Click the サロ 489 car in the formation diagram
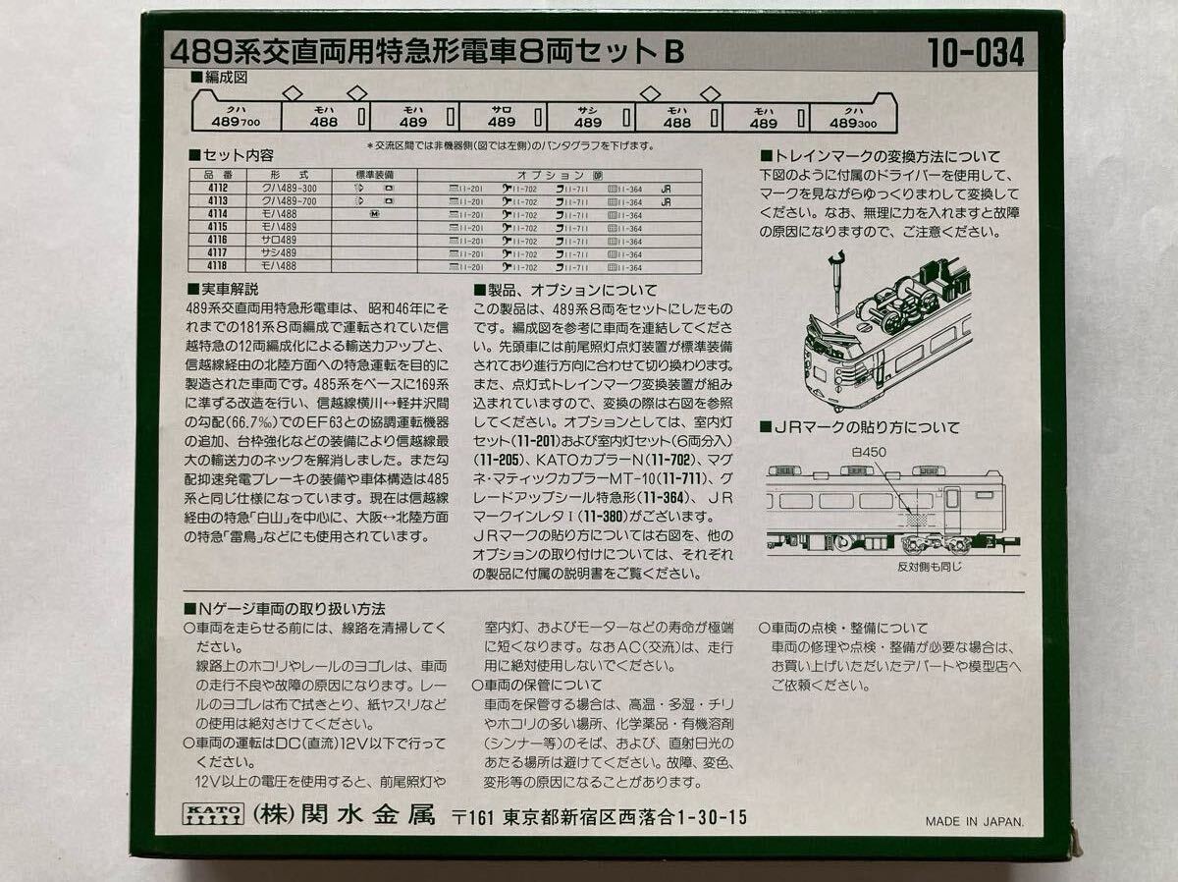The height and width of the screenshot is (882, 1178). pyautogui.click(x=501, y=117)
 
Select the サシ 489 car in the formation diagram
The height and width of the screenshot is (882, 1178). pyautogui.click(x=588, y=117)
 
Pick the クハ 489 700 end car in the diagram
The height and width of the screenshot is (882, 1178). pyautogui.click(x=236, y=117)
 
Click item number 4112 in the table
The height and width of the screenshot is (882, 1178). pyautogui.click(x=218, y=188)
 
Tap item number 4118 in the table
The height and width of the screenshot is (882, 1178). pyautogui.click(x=218, y=266)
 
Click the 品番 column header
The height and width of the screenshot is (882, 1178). pyautogui.click(x=218, y=173)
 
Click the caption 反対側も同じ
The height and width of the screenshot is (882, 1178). pyautogui.click(x=929, y=567)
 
